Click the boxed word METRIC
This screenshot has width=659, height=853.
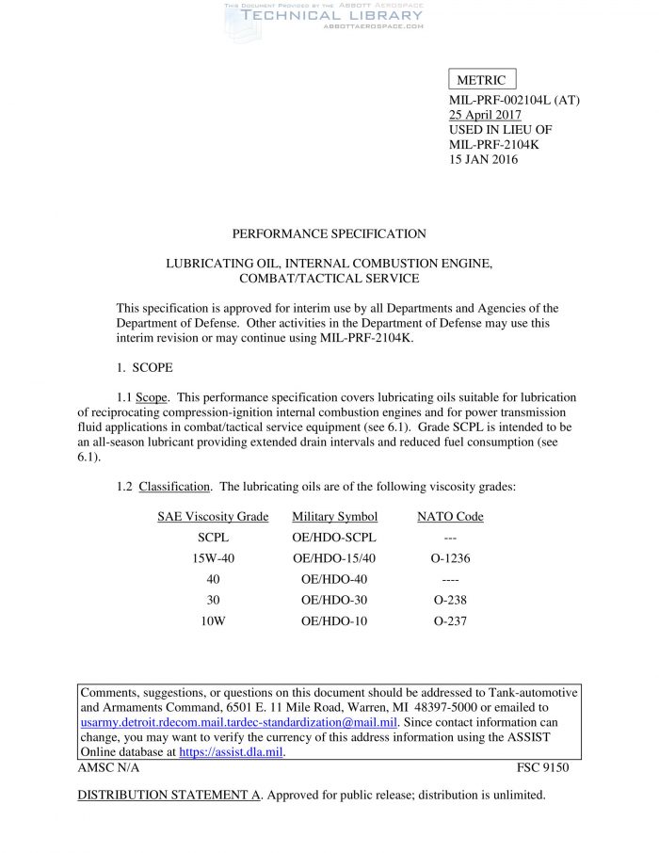coord(481,81)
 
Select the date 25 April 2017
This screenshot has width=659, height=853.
coord(485,114)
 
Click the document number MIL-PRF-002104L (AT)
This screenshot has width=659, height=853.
coord(513,99)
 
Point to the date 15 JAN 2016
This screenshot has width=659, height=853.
coord(483,159)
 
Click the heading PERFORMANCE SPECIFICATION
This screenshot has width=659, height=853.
coord(329,233)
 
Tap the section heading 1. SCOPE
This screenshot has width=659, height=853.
coord(144,367)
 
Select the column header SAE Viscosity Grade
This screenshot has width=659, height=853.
coord(213,517)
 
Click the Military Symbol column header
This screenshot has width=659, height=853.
coord(335,517)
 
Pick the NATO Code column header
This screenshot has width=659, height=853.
coord(450,517)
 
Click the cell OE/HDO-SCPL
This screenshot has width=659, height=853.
coord(335,538)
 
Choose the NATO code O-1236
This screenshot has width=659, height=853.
coord(450,558)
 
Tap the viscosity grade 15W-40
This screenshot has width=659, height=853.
coord(213,558)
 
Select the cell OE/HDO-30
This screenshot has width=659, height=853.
coord(335,600)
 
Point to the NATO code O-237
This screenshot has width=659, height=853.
coord(450,620)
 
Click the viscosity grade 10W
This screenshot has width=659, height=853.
coord(213,620)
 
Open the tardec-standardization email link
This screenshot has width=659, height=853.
coord(239,722)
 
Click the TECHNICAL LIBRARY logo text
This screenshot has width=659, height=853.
coord(332,16)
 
